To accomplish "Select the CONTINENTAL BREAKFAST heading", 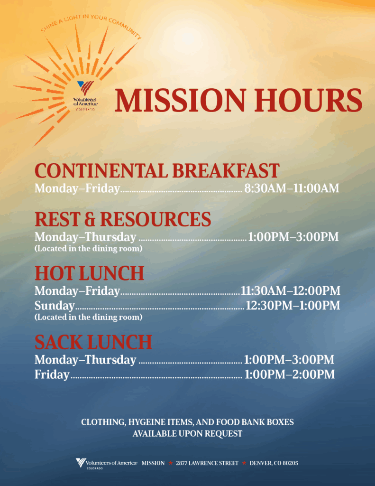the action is (x=157, y=170).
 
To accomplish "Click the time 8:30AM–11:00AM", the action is (x=292, y=188).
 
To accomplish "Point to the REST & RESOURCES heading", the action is (x=123, y=219).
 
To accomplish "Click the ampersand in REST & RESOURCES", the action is (x=90, y=219).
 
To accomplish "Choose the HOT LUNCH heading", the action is (x=90, y=273).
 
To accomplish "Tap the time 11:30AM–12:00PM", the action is (x=291, y=291).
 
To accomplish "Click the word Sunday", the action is (x=55, y=306).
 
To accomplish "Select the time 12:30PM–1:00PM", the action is (x=293, y=305).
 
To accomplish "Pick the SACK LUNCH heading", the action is (x=93, y=342).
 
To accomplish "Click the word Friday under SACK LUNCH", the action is (x=52, y=374).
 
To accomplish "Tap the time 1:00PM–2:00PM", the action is (x=290, y=374).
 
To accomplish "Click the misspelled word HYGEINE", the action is (x=147, y=422).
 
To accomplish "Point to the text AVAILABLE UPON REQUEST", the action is (x=187, y=434).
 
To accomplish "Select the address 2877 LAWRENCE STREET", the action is (x=207, y=463).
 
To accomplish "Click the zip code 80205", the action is (x=291, y=463).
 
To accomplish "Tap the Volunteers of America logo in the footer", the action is (x=107, y=463).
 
